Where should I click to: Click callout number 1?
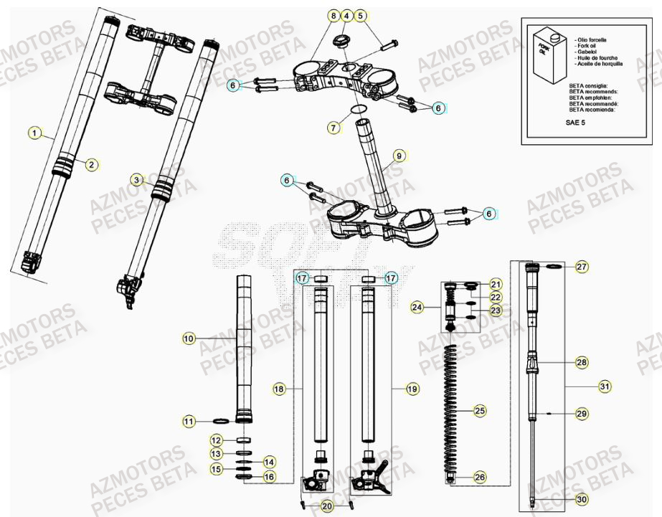click(x=33, y=132)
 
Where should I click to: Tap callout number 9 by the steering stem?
click(x=399, y=155)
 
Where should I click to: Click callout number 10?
click(x=187, y=337)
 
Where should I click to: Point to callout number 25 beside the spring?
click(x=479, y=411)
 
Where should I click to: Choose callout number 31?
click(x=605, y=386)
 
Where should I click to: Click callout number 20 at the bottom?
click(x=326, y=506)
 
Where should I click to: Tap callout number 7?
click(x=334, y=128)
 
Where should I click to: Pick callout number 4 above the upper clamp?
click(x=346, y=15)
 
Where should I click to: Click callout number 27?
click(x=581, y=267)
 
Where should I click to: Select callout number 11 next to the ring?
click(x=188, y=422)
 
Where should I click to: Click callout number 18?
click(x=279, y=388)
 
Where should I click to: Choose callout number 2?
click(x=90, y=164)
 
